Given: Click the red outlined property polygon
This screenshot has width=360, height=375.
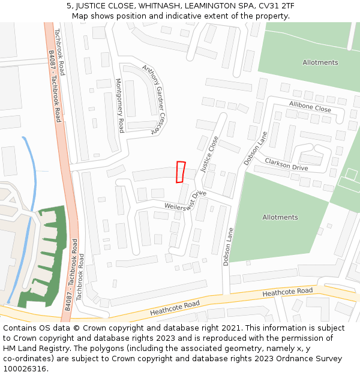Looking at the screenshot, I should tap(180, 172).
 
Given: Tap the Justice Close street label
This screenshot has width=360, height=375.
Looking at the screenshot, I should tap(209, 154).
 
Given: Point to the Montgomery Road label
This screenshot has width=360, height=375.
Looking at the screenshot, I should tap(119, 106).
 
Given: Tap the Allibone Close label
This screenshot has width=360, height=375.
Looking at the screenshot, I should tap(310, 107).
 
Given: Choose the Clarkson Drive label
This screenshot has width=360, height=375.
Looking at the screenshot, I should tap(286, 164).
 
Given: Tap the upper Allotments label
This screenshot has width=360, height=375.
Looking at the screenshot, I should tap(320, 62).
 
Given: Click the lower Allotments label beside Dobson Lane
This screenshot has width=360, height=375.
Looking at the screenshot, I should tap(280, 217).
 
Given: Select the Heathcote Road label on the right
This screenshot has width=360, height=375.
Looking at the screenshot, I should tap(287, 292).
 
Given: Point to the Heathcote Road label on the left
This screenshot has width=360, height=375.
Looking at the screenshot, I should tap(175, 308).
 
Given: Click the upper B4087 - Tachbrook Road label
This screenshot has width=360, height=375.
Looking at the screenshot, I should tap(55, 86).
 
